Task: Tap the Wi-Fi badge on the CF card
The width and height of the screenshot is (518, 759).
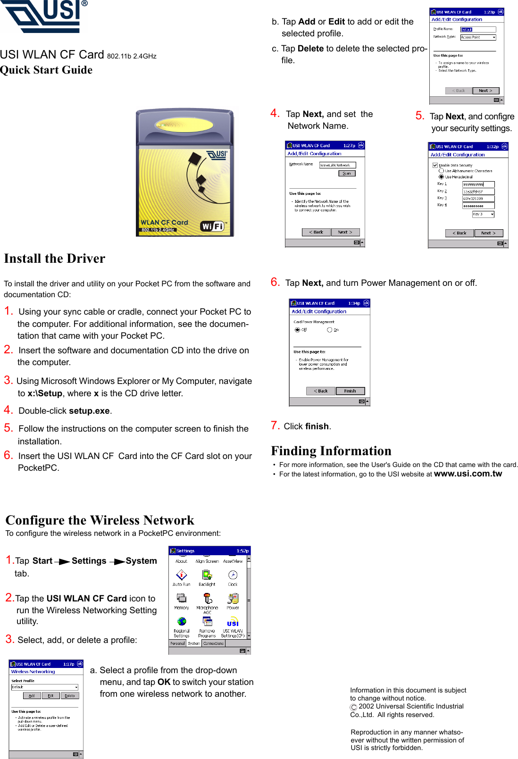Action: [212, 226]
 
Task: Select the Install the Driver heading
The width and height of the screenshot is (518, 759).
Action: [55, 259]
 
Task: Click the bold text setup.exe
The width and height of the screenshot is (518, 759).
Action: [89, 411]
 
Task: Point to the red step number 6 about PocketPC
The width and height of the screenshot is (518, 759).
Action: [8, 455]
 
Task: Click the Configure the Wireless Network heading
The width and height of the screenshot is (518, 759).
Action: [100, 520]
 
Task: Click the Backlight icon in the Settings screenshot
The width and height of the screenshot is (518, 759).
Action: [207, 575]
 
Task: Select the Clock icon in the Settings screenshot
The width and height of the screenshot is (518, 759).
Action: [233, 575]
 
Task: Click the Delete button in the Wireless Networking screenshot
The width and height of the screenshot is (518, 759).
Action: [70, 696]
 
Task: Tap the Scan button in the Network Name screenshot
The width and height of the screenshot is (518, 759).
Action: [347, 174]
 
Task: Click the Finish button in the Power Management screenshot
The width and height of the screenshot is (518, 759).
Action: [350, 391]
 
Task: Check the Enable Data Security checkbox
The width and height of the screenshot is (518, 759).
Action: [435, 165]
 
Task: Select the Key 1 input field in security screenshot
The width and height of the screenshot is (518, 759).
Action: [478, 184]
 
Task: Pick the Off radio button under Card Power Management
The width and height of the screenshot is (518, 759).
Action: [297, 330]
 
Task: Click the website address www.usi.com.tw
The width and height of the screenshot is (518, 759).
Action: [468, 474]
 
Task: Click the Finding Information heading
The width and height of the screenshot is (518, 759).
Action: [331, 451]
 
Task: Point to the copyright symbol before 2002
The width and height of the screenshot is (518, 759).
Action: [354, 707]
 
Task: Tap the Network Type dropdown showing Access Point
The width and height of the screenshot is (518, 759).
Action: [478, 37]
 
